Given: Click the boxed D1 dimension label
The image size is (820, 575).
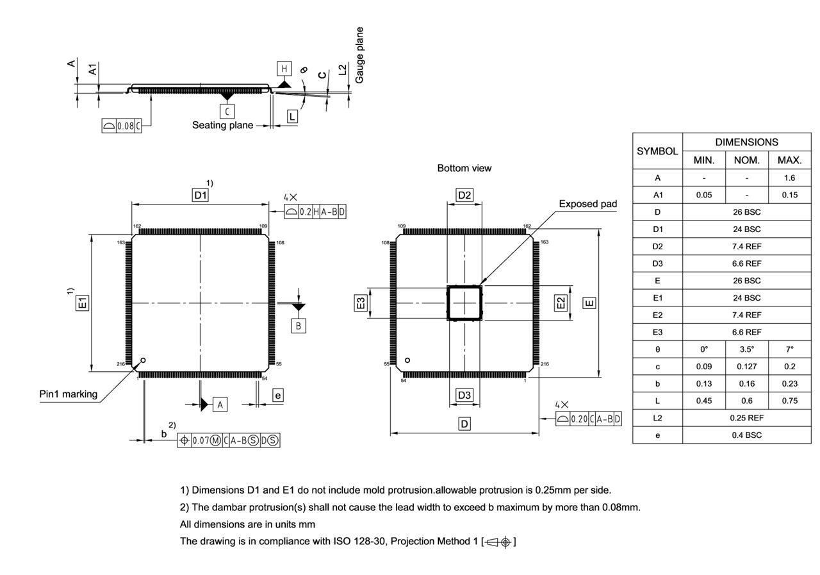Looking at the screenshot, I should click(201, 195).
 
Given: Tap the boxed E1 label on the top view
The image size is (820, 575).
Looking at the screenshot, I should click(83, 303).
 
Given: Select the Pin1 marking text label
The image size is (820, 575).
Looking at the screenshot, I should click(69, 394).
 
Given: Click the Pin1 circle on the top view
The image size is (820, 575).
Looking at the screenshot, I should click(143, 360).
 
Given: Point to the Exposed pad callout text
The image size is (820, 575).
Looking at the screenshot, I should click(587, 204).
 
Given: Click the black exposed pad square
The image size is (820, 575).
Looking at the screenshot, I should click(464, 303).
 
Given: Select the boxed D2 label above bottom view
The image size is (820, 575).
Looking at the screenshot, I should click(464, 195).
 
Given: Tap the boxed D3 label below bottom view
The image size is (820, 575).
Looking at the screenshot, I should click(464, 395).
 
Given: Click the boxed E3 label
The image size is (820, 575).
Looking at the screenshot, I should click(361, 303).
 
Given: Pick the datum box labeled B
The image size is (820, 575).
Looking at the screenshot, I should click(299, 326).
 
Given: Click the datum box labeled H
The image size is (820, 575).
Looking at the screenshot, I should click(284, 69).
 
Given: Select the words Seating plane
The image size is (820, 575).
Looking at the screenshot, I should click(222, 125).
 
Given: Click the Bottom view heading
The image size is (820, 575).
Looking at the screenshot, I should click(464, 168).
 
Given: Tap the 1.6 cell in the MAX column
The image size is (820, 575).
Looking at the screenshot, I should click(789, 178).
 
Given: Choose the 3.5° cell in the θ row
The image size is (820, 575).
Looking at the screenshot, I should click(746, 349).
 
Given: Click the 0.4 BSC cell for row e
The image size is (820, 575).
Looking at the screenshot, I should click(746, 435).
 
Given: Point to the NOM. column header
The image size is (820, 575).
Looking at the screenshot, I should click(746, 160).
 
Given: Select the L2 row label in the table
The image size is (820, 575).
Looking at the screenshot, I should click(657, 418).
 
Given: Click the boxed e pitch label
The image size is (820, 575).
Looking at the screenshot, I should click(277, 396).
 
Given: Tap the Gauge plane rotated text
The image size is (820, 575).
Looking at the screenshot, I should click(359, 54).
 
